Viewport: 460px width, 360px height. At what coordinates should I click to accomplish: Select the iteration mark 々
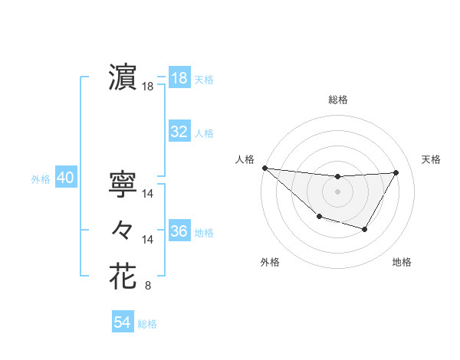123,229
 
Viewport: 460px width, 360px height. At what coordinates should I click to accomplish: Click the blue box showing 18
179,78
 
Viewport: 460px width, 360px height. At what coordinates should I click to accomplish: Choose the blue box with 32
179,132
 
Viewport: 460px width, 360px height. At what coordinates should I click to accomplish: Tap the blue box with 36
179,231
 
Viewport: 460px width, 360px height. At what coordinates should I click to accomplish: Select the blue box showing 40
65,178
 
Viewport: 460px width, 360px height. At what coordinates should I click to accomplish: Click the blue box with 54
122,322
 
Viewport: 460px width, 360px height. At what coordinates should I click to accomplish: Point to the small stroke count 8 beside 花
147,286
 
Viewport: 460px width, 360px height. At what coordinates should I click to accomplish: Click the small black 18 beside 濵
148,87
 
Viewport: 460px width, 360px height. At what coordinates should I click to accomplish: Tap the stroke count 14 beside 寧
148,195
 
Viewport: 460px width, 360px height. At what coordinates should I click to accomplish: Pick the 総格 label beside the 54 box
147,324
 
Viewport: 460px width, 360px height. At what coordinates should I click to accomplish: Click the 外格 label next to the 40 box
41,179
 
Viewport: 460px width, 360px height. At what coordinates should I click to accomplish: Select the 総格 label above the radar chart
337,100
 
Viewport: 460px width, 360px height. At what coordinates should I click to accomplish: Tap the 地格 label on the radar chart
402,263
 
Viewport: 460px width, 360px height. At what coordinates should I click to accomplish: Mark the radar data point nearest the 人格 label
264,168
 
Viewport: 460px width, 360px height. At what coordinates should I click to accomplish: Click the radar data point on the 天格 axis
396,172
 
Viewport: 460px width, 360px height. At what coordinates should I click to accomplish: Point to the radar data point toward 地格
365,229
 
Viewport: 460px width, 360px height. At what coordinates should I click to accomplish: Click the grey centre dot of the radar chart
337,191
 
